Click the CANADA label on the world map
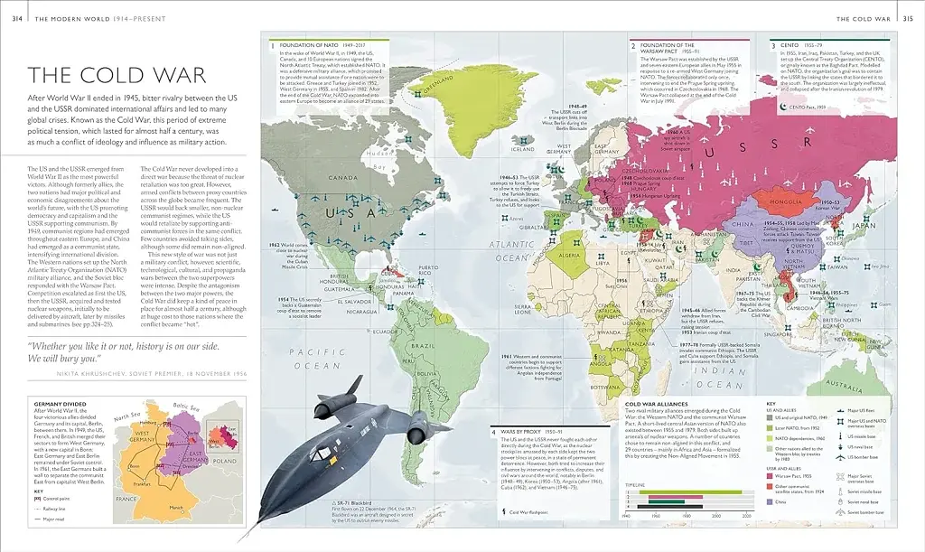(342, 178)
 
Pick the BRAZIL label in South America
(447, 346)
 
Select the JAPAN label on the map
(865, 225)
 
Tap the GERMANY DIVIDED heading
(60, 405)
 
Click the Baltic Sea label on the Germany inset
(185, 409)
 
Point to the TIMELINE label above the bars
(636, 484)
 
